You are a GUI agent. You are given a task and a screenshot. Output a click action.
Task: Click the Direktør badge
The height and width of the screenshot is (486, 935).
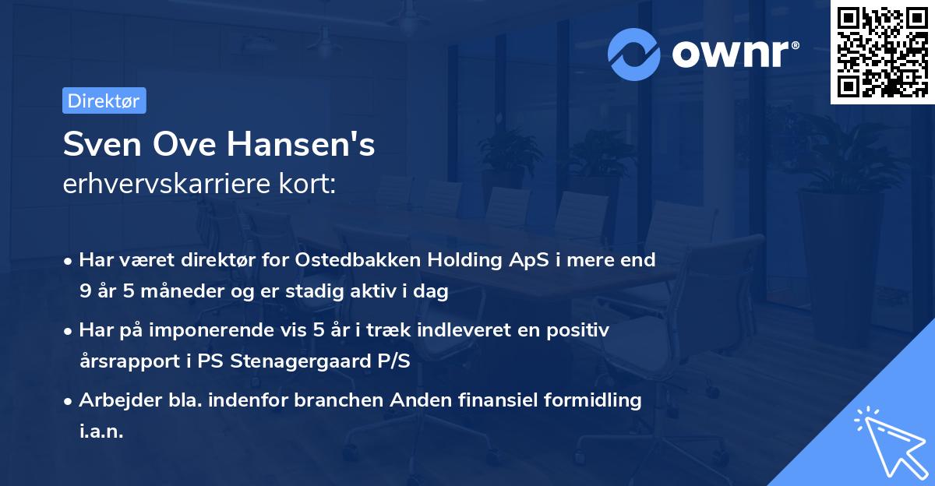104,100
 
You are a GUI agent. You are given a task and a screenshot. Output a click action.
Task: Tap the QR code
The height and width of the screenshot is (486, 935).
882,52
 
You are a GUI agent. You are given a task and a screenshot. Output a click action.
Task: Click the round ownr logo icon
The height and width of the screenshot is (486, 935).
634,54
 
